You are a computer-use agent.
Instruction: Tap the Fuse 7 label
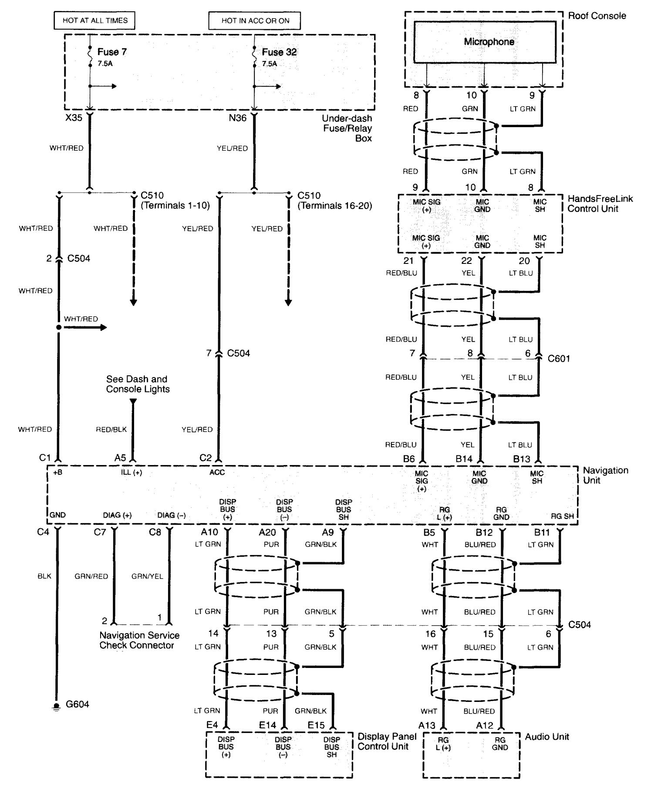click(x=112, y=52)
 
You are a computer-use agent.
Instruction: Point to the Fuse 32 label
click(x=279, y=52)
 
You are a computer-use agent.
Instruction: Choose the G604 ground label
click(x=78, y=704)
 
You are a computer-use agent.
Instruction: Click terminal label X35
click(x=74, y=118)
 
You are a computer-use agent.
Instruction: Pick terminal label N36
click(x=238, y=118)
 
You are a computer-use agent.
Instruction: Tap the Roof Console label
click(x=597, y=16)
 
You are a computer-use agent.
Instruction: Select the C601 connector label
click(x=559, y=358)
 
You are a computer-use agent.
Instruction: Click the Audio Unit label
click(x=547, y=736)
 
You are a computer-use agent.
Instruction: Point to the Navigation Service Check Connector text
click(x=139, y=640)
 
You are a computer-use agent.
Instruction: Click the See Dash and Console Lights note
click(x=138, y=384)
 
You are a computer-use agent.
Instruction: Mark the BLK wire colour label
click(x=44, y=576)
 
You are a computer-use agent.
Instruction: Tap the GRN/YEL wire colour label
click(x=147, y=576)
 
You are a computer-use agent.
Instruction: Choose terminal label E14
click(x=267, y=725)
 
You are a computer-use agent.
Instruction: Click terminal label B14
click(x=464, y=459)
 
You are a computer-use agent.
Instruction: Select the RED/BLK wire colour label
click(x=111, y=429)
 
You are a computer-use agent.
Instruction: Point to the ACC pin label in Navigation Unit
click(x=217, y=472)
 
